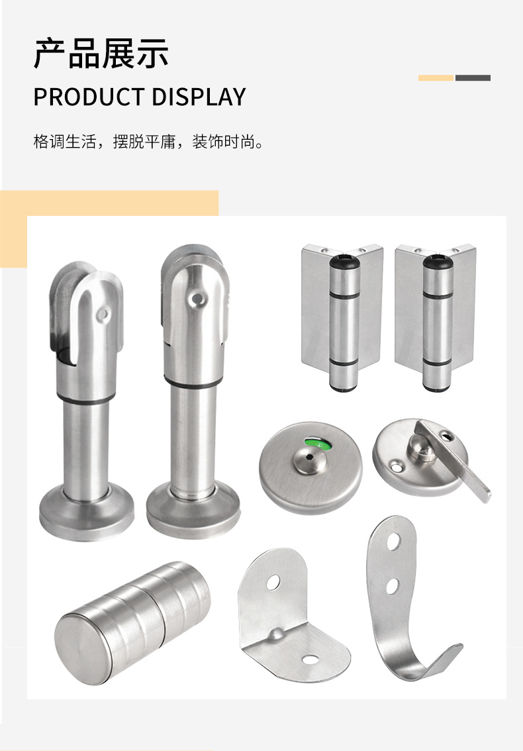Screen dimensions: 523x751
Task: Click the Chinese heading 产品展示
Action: pyautogui.click(x=101, y=53)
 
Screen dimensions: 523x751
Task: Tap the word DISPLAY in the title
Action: pyautogui.click(x=199, y=97)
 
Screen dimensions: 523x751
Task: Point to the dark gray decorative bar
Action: pyautogui.click(x=473, y=77)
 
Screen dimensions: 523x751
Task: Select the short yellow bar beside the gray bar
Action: pyautogui.click(x=436, y=77)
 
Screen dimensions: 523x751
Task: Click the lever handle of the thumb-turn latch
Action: pyautogui.click(x=453, y=460)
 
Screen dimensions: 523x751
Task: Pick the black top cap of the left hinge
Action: pyautogui.click(x=344, y=262)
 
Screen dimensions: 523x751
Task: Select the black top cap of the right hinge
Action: pyautogui.click(x=438, y=262)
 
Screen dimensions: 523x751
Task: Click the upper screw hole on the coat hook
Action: pyautogui.click(x=394, y=541)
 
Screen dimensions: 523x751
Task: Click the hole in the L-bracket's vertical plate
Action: pyautogui.click(x=273, y=582)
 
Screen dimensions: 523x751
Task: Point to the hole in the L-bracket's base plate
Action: pyautogui.click(x=309, y=660)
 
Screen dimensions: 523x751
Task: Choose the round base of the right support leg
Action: pyautogui.click(x=193, y=511)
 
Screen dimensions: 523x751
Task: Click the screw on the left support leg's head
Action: pyautogui.click(x=102, y=314)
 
